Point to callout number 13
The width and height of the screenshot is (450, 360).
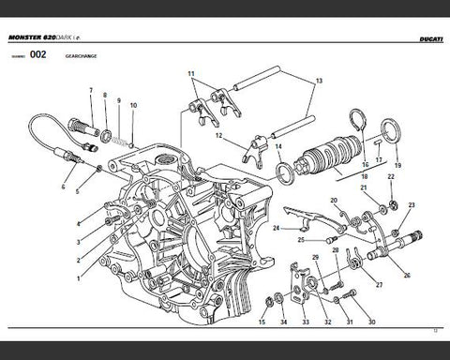pos(318,82)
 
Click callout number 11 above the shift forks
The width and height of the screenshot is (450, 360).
pos(190,73)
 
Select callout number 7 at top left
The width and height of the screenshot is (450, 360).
pos(91,90)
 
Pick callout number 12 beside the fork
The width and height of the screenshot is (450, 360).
pos(217,135)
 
